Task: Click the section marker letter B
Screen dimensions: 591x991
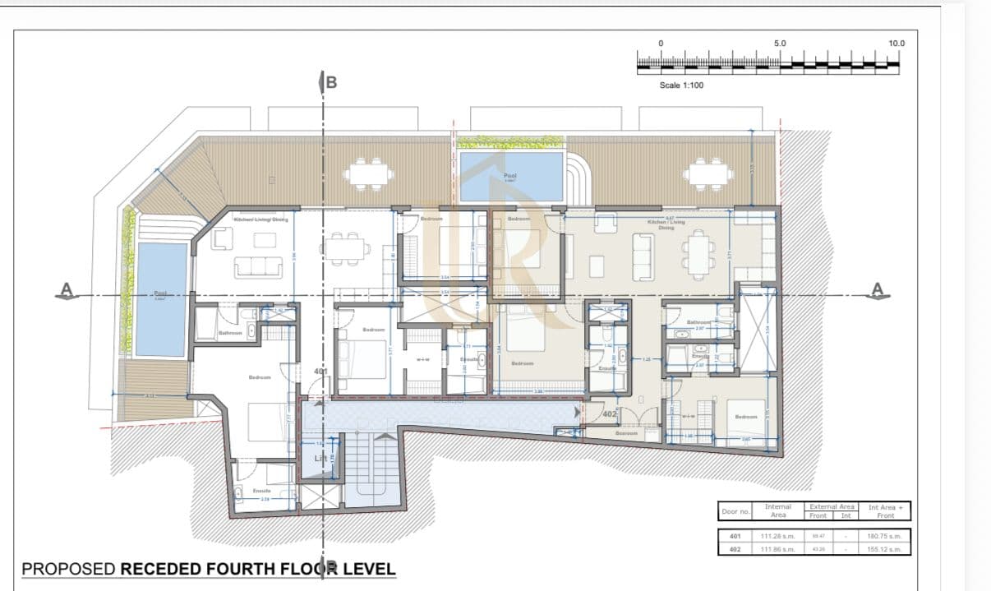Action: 331,81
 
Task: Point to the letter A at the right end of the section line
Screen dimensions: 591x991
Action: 877,289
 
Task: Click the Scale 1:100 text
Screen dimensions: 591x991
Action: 681,85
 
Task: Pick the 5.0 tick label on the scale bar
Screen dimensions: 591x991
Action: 780,43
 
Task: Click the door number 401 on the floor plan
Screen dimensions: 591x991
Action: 321,372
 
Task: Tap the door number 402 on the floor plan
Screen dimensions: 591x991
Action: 609,413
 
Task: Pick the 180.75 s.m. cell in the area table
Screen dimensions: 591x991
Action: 884,536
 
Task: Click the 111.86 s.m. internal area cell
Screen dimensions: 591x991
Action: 777,549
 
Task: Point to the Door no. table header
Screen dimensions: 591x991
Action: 735,511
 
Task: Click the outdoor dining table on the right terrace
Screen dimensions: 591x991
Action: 708,173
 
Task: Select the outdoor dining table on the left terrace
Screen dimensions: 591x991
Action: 367,173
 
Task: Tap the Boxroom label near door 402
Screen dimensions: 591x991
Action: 627,433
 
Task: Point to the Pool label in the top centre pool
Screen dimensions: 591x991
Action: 510,175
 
